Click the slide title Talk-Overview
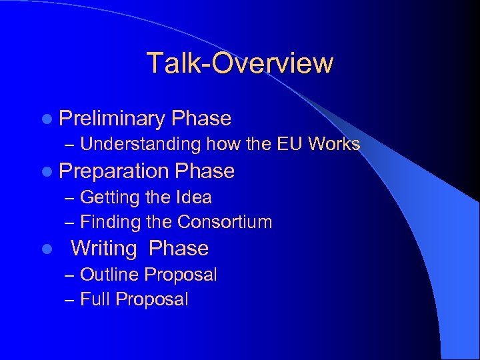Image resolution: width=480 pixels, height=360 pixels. (x=240, y=63)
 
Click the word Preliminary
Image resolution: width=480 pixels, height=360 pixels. (x=111, y=119)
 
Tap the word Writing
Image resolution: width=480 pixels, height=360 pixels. (x=103, y=249)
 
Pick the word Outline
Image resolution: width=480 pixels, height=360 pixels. (x=109, y=275)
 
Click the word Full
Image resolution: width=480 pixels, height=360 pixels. (x=95, y=300)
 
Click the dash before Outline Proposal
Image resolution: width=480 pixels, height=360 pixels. (x=71, y=275)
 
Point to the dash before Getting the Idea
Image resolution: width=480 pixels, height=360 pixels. (x=71, y=198)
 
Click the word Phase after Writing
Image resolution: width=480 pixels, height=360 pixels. (x=179, y=249)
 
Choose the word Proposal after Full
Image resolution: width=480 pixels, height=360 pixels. (x=152, y=300)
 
